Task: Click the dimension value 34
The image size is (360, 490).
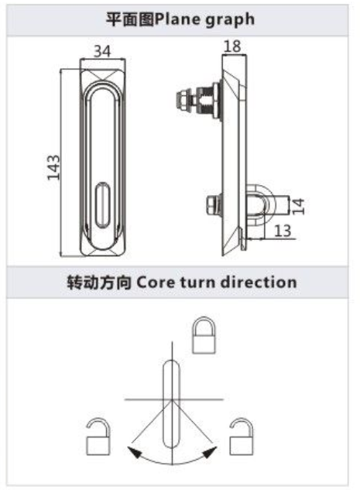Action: click(x=102, y=51)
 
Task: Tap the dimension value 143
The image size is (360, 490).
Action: click(x=53, y=167)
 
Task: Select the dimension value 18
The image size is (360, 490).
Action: click(x=232, y=46)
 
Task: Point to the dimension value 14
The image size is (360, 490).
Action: click(x=298, y=206)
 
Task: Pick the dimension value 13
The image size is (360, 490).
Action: click(x=283, y=231)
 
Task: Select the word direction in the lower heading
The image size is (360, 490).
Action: click(x=259, y=282)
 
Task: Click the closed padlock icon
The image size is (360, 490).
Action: click(x=204, y=335)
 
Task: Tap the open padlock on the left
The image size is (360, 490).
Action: click(x=98, y=437)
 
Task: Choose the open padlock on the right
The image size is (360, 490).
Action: click(x=242, y=437)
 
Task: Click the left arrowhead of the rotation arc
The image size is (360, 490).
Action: click(x=135, y=452)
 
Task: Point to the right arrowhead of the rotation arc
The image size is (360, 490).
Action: click(x=210, y=452)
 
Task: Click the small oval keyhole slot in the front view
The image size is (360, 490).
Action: click(x=102, y=205)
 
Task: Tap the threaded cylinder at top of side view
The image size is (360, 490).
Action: click(x=206, y=101)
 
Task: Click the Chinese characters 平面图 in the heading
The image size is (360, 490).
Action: click(x=130, y=19)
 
